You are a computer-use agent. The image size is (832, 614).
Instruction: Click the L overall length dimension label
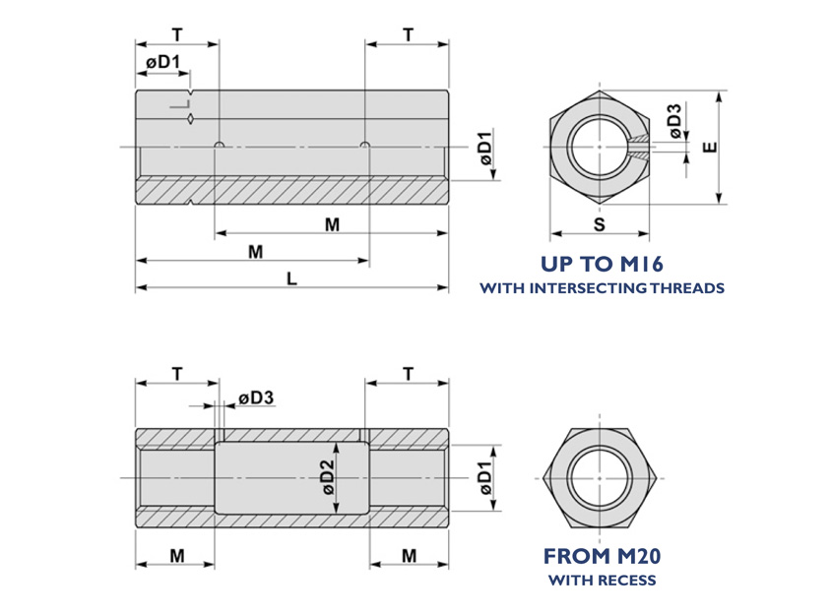click(291, 278)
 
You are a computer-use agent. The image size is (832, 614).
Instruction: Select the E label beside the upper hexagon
click(711, 148)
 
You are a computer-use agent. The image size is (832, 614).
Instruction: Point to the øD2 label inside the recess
click(328, 477)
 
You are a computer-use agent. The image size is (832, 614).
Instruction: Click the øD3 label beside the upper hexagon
click(673, 119)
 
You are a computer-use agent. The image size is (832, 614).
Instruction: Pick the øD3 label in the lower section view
click(255, 398)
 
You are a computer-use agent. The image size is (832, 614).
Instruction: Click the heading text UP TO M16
click(602, 264)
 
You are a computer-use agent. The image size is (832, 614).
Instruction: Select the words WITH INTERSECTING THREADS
click(602, 288)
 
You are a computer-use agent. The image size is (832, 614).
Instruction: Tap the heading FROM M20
click(602, 556)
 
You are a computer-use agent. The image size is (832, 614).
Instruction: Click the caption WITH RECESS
click(602, 580)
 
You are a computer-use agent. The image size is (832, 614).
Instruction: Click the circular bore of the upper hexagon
click(600, 148)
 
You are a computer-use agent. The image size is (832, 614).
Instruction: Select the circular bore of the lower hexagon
click(600, 477)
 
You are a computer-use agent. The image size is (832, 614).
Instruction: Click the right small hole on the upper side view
click(365, 147)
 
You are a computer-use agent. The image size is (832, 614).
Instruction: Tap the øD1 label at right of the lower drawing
click(484, 477)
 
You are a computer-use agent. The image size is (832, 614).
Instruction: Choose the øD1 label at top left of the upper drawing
click(162, 62)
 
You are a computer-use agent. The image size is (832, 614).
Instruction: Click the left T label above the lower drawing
click(176, 374)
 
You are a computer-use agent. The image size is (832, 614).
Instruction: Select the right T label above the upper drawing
click(408, 35)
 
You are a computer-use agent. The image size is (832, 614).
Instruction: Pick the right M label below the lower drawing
click(409, 556)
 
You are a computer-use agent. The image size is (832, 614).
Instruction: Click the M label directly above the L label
click(255, 252)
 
